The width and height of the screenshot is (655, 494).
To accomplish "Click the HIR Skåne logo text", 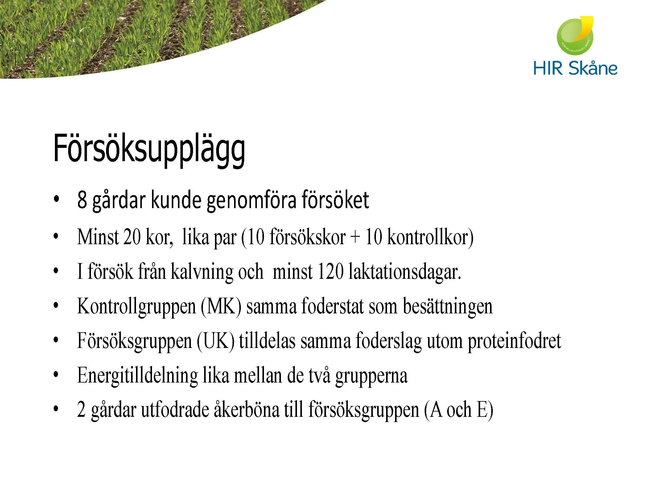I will tap(575, 68).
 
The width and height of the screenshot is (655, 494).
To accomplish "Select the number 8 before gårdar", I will tap(82, 200).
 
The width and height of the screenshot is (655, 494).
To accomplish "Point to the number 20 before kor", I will tap(132, 237).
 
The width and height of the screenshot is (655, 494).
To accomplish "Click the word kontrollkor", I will tap(430, 237).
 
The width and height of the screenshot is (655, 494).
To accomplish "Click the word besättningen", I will tap(447, 307).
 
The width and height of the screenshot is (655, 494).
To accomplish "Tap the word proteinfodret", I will tap(514, 341).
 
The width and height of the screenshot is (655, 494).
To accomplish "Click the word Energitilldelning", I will tap(137, 376).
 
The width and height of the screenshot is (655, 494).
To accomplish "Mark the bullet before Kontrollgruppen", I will tap(56, 306).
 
